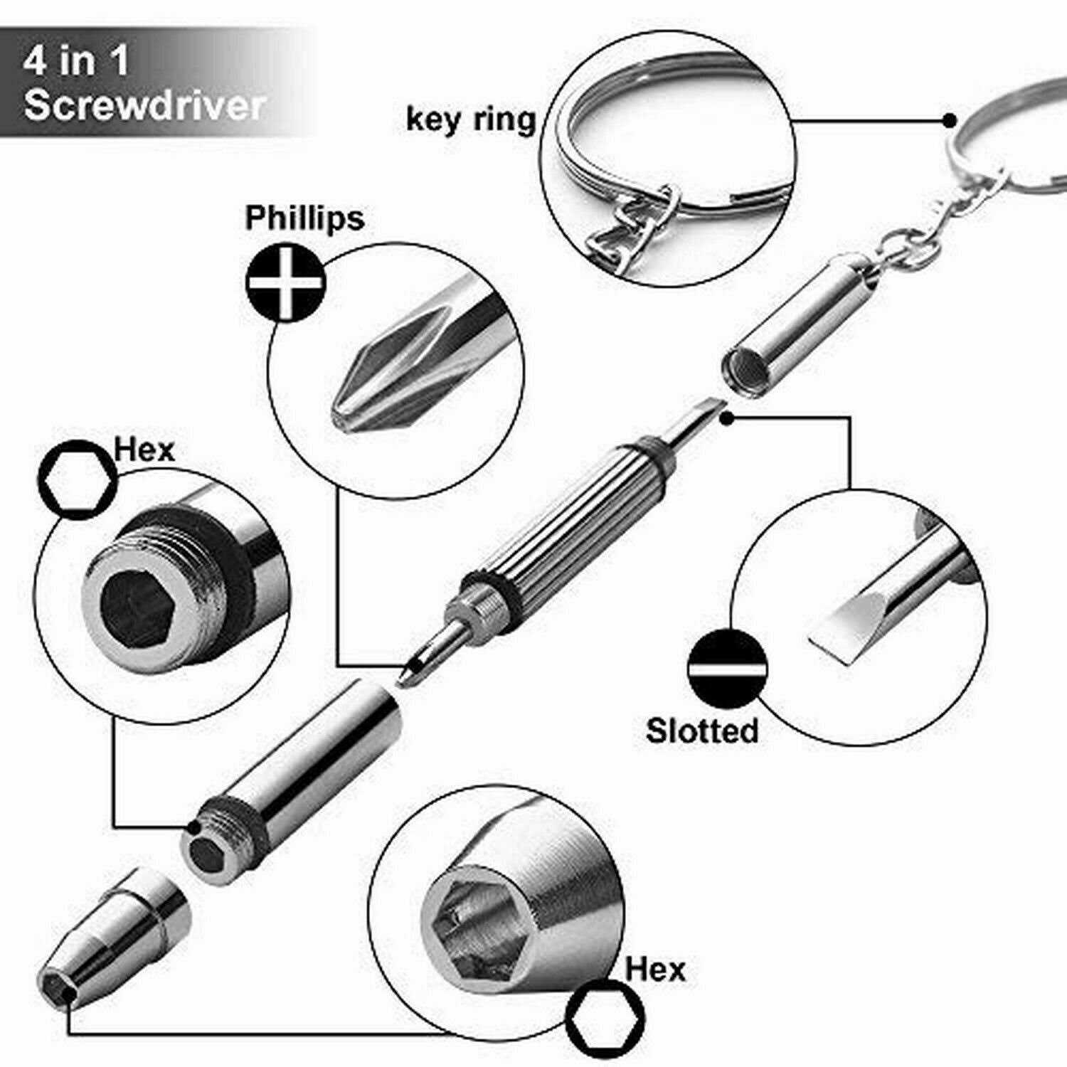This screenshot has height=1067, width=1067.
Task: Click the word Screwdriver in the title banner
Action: tap(144, 105)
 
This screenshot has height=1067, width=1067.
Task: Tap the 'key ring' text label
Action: tap(471, 119)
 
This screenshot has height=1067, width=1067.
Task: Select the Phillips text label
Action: tap(304, 218)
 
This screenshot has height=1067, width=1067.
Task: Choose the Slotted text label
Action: tap(702, 731)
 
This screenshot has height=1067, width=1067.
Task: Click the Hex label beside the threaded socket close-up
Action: tap(144, 450)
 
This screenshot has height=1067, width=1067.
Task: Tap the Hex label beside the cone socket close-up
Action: tap(655, 969)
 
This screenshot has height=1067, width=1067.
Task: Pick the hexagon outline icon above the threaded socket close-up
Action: tap(77, 478)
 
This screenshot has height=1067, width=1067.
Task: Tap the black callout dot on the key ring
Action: tap(949, 120)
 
